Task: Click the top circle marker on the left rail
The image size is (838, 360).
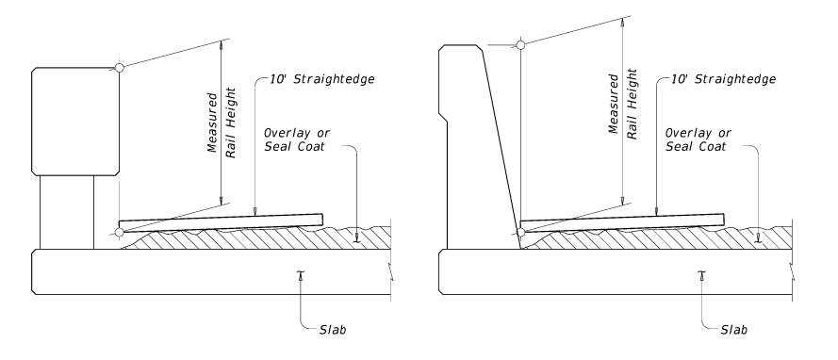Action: [x=119, y=67]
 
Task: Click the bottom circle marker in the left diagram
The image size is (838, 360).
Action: [x=119, y=232]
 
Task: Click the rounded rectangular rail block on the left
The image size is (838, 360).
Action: [x=75, y=120]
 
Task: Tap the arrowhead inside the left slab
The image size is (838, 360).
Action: [x=301, y=273]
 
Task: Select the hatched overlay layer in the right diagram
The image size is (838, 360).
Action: [x=660, y=240]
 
